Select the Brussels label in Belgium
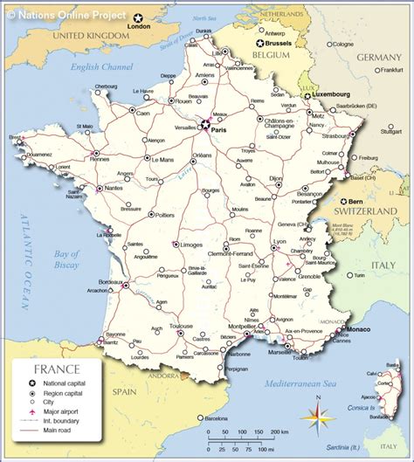pyautogui.click(x=279, y=42)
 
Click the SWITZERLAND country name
pyautogui.click(x=370, y=211)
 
